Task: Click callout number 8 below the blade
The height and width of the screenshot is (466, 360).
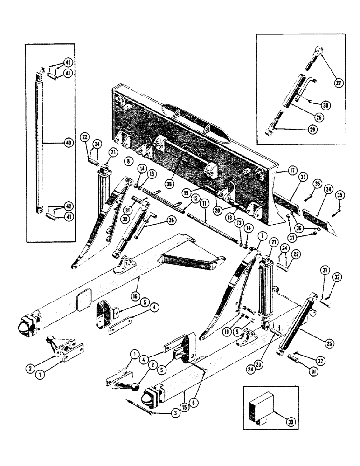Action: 127,161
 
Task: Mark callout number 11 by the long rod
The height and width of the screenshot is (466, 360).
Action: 203,204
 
